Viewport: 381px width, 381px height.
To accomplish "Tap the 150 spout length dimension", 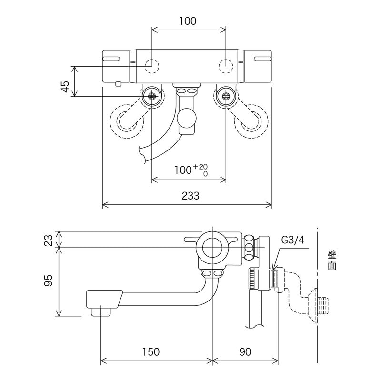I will click(150, 352).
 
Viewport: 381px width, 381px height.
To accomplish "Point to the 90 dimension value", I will click(245, 352).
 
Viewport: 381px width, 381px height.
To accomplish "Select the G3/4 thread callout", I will click(292, 241).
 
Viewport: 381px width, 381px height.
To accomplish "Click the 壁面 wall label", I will click(332, 261).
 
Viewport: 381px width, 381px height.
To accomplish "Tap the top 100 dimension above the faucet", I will click(188, 21).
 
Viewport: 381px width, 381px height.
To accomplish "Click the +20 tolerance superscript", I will click(203, 166).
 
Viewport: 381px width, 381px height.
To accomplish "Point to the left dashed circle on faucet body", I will click(151, 66).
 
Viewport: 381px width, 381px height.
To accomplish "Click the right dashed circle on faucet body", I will click(225, 66).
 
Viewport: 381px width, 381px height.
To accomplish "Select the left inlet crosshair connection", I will click(152, 96).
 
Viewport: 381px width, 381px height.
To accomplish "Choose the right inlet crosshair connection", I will click(225, 96).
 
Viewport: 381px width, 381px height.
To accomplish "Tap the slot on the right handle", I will click(262, 59).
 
